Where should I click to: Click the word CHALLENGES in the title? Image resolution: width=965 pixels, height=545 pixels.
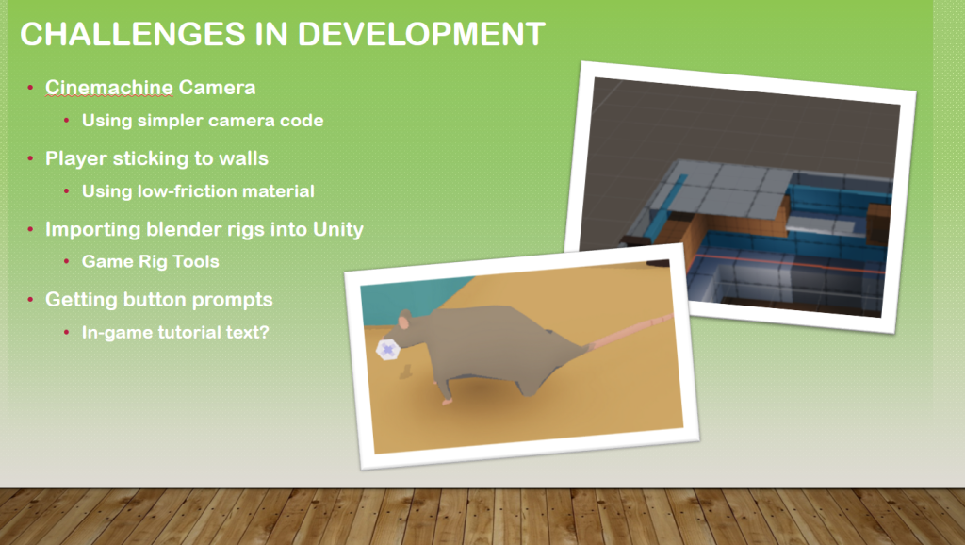[x=133, y=34]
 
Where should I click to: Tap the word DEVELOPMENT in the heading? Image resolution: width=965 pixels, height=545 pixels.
[x=421, y=34]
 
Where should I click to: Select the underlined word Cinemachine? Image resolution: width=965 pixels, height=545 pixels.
[x=109, y=88]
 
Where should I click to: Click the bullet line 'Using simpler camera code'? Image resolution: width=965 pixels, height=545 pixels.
[x=203, y=120]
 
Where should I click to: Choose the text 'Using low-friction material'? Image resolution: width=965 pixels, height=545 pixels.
[x=198, y=190]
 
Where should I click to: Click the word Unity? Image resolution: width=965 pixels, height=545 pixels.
[x=338, y=230]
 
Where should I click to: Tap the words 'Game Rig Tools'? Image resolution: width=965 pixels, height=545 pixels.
[x=150, y=262]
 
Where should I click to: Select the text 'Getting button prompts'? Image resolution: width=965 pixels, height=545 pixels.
[x=158, y=300]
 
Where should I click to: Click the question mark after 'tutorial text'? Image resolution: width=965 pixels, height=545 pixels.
[x=264, y=332]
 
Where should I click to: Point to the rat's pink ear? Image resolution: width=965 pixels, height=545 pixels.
[x=404, y=321]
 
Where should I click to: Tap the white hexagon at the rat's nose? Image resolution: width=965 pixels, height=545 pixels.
[x=387, y=350]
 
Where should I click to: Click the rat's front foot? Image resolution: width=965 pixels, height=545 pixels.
[x=447, y=401]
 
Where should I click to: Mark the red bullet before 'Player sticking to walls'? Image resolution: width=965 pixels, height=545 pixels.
[x=30, y=159]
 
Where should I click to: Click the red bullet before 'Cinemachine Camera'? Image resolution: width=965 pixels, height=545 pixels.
[x=30, y=88]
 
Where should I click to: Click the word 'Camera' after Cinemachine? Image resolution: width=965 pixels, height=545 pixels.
[x=218, y=88]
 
